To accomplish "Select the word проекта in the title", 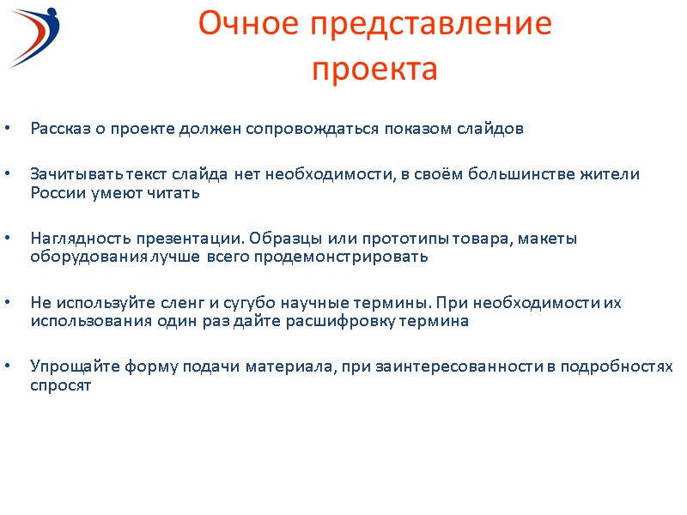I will point(374,69).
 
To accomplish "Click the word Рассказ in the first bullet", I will point(58,130).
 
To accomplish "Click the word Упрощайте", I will point(67,367).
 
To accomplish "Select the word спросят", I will point(59,385).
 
